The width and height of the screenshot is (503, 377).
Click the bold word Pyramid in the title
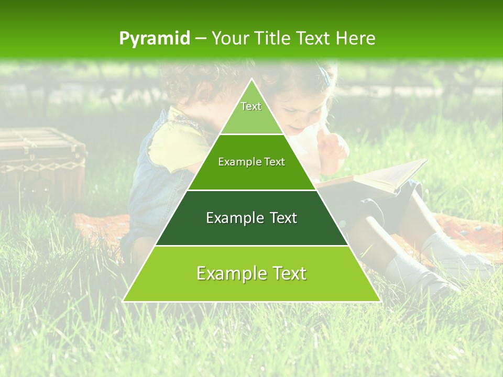click(x=154, y=39)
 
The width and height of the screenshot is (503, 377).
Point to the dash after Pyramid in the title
click(x=200, y=39)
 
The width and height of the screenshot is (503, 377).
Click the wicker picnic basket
click(x=42, y=162)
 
